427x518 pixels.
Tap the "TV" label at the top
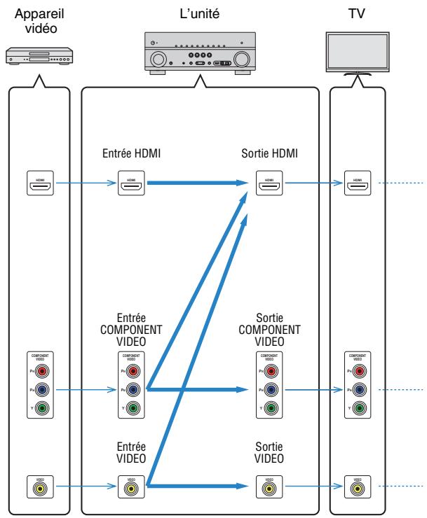358,13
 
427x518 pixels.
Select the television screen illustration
358,52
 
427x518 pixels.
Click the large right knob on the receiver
244,59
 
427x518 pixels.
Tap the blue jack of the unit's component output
271,390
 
